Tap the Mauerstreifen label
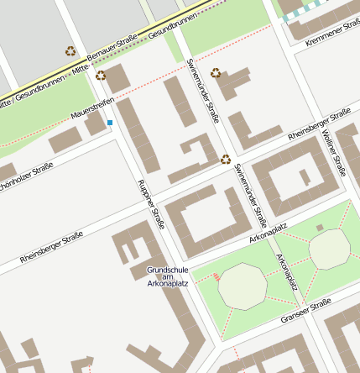pyautogui.click(x=92, y=107)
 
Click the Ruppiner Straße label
pyautogui.click(x=151, y=204)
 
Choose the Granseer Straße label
pyautogui.click(x=307, y=309)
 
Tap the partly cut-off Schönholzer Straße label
pyautogui.click(x=26, y=172)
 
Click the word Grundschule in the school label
pyautogui.click(x=167, y=270)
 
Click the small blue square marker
pyautogui.click(x=110, y=123)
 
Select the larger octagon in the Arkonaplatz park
pyautogui.click(x=243, y=286)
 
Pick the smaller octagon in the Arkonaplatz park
pyautogui.click(x=329, y=248)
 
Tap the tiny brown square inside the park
pyautogui.click(x=320, y=227)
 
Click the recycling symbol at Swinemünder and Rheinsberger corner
pyautogui.click(x=225, y=158)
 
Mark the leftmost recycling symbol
pyautogui.click(x=70, y=51)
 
